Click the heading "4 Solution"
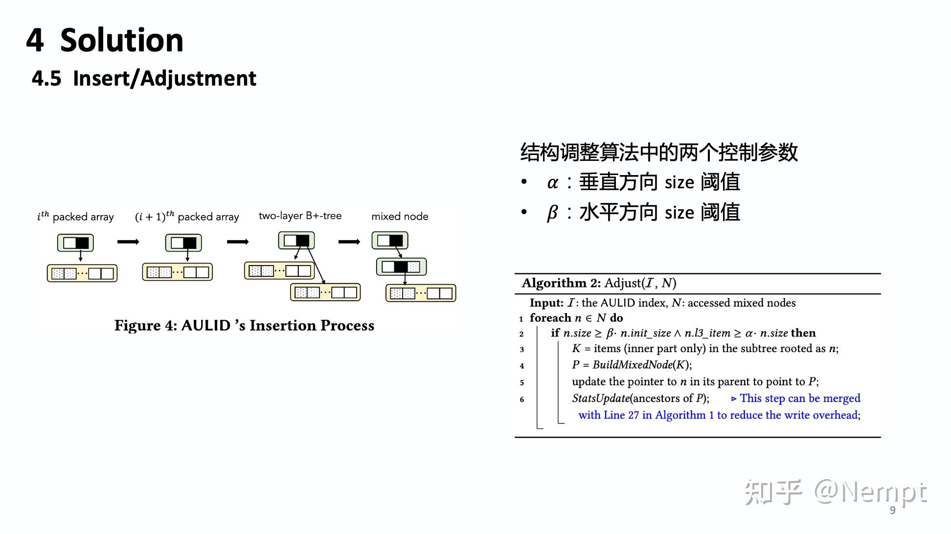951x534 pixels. coord(105,40)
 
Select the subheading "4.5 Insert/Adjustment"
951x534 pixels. coord(144,78)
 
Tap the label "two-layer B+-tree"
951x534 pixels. coord(300,216)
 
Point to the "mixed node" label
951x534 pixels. coord(400,216)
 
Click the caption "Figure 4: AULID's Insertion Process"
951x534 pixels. coord(244,325)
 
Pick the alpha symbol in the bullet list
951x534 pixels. coord(552,183)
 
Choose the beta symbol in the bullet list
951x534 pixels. coord(552,213)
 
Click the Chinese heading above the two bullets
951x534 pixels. coord(658,152)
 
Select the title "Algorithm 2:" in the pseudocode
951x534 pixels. coord(561,283)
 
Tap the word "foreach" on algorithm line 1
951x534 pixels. coord(550,318)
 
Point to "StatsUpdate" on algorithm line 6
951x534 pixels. coord(600,398)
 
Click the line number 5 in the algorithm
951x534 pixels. coord(522,382)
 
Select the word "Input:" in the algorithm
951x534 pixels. coord(546,303)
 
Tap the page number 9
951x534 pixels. coord(893,510)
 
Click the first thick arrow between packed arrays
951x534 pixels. coord(128,242)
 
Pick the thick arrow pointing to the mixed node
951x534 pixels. coord(349,242)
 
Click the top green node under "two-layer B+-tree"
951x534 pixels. coord(296,241)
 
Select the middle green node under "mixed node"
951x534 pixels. coord(401,267)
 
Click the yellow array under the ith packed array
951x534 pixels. coord(82,273)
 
